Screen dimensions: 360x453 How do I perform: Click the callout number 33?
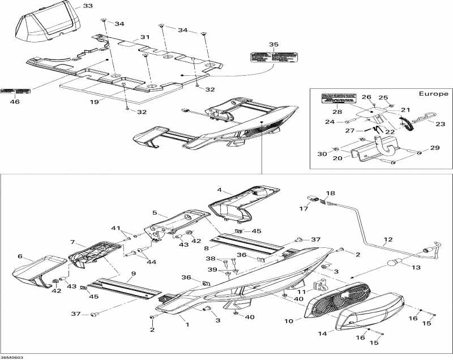[88, 6]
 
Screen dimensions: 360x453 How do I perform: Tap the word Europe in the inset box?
[433, 93]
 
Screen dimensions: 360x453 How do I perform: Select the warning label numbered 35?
[273, 58]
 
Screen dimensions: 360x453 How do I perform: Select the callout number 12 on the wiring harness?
[387, 239]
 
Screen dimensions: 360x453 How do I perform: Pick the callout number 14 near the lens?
[321, 334]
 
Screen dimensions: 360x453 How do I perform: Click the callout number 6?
[20, 256]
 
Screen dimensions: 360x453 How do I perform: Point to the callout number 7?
[72, 242]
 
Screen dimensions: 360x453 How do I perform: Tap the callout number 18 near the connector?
[330, 194]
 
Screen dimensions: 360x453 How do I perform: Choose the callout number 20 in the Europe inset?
[338, 159]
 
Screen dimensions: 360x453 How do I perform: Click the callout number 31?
[145, 37]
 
